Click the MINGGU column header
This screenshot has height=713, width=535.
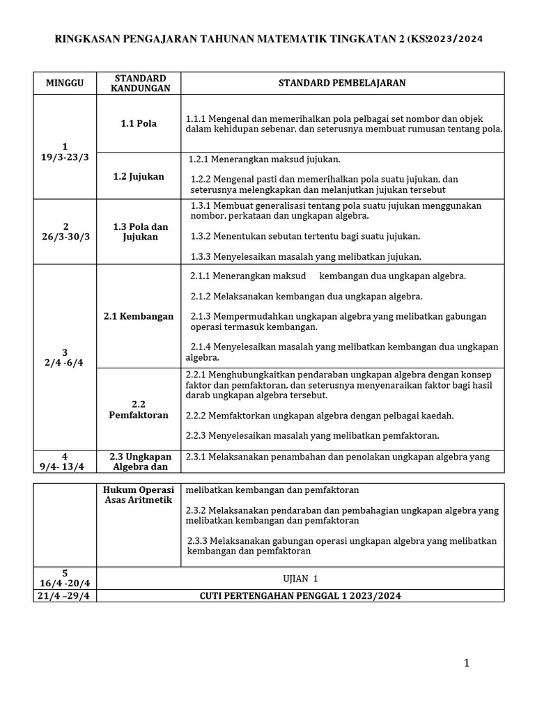[x=65, y=83]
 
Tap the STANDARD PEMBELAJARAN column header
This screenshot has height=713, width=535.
[x=342, y=83]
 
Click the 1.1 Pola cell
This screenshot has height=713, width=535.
[x=139, y=123]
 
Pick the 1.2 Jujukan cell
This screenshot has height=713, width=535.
[x=139, y=176]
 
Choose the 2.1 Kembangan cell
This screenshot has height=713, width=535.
[x=139, y=316]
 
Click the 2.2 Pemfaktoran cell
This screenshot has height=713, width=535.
[x=139, y=409]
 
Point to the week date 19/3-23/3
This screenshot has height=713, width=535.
[x=65, y=157]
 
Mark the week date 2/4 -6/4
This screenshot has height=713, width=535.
[x=65, y=363]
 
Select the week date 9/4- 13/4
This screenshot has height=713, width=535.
[x=65, y=467]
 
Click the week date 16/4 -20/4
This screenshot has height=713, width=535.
[x=65, y=583]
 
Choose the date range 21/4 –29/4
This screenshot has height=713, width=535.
[x=65, y=596]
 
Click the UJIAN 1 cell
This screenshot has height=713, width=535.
[x=301, y=578]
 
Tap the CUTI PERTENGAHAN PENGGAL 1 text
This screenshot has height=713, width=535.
[x=300, y=596]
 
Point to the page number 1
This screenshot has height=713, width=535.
[x=467, y=664]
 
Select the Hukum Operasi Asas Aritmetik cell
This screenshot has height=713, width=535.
[x=139, y=494]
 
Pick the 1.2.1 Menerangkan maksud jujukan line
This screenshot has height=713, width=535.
[x=264, y=159]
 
